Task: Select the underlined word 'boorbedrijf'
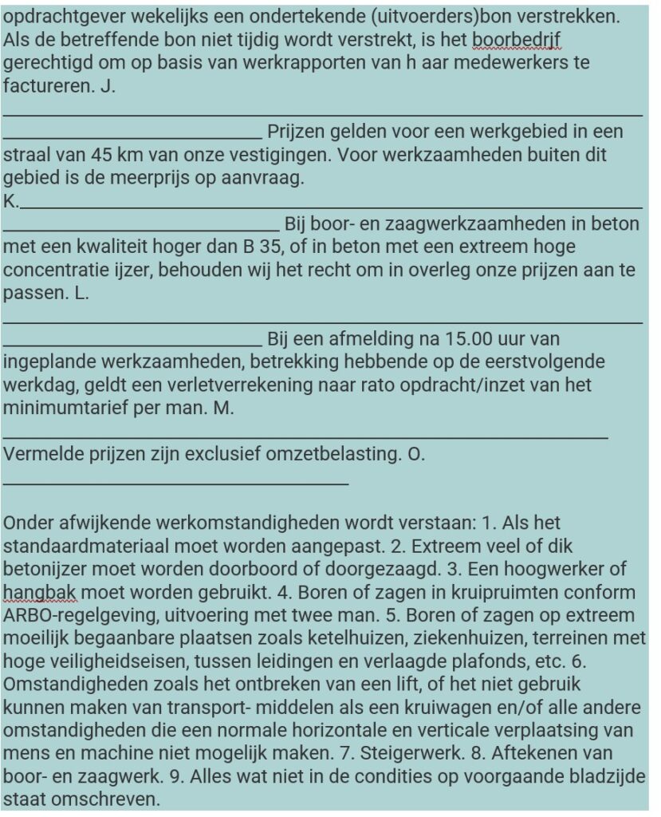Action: (517, 39)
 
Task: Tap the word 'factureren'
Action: (49, 87)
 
